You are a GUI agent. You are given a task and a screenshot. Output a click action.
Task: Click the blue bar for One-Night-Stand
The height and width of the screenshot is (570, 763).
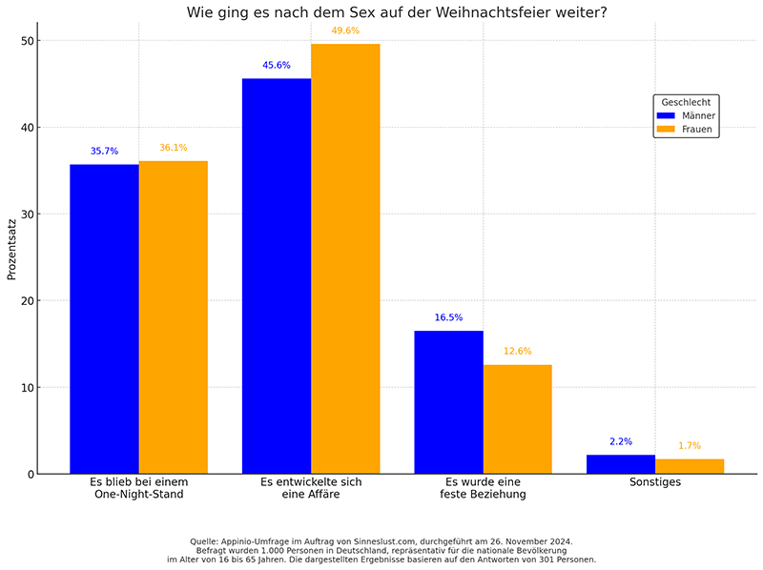[104, 319]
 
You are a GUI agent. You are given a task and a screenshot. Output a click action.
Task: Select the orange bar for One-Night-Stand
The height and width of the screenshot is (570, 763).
[173, 317]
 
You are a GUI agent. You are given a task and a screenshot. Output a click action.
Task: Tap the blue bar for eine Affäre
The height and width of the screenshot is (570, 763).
[277, 276]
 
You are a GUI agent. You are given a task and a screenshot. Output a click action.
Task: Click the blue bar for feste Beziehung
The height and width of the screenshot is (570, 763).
[448, 402]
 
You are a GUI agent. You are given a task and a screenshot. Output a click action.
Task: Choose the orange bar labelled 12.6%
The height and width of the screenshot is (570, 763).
[517, 419]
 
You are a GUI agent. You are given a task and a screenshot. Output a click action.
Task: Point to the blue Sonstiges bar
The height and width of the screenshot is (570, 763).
[621, 464]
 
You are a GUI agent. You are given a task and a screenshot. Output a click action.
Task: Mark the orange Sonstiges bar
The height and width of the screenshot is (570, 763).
[690, 466]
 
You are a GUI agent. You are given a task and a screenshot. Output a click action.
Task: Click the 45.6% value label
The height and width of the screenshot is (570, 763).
[277, 66]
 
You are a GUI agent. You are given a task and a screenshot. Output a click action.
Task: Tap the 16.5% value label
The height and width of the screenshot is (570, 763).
[448, 317]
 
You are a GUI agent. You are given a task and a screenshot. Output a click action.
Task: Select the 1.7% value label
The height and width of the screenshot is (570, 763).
[690, 446]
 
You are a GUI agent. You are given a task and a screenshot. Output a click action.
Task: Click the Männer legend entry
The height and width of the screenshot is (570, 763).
[686, 115]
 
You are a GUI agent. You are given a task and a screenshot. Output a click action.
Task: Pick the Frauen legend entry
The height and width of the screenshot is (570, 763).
[686, 129]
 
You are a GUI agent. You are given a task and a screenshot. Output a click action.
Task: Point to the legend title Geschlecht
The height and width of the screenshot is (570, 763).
[686, 101]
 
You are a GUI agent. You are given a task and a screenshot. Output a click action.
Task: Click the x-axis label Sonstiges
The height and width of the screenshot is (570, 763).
[655, 482]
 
